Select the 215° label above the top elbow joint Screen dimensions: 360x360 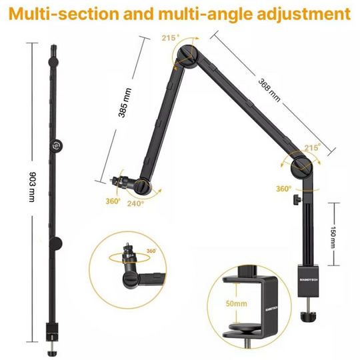pyautogui.click(x=170, y=39)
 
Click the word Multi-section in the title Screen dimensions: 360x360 pyautogui.click(x=63, y=13)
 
